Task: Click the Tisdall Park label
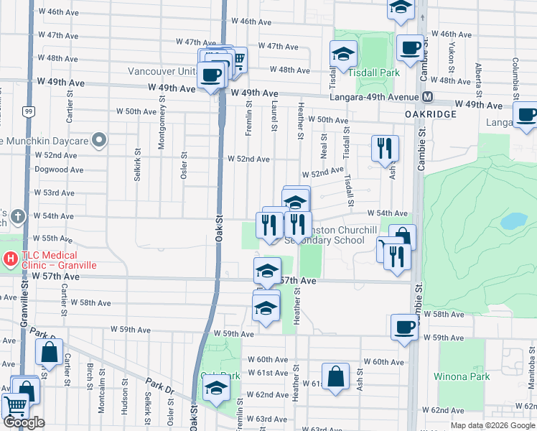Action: pos(363,73)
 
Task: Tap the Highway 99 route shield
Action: pos(27,111)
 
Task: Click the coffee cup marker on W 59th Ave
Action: pos(404,327)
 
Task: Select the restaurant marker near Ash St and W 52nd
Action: pos(385,148)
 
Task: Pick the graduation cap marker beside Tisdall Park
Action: pos(343,54)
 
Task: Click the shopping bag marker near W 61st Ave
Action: pos(335,376)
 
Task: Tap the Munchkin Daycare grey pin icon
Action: pos(100,140)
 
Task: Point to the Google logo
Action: pos(24,423)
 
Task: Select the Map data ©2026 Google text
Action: pos(492,425)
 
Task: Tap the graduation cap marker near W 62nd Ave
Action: pos(216,390)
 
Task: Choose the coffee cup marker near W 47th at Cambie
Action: pos(410,47)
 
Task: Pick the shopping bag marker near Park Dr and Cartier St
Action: pos(49,353)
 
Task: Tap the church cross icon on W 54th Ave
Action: pos(18,215)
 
